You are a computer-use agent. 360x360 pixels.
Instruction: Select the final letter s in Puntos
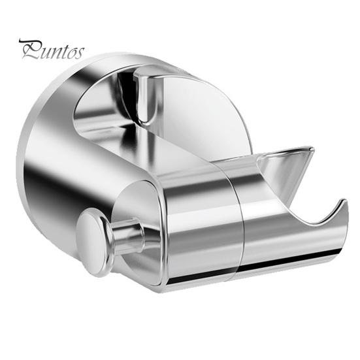(79, 54)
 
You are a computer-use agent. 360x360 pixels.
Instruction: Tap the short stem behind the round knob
(126, 238)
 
